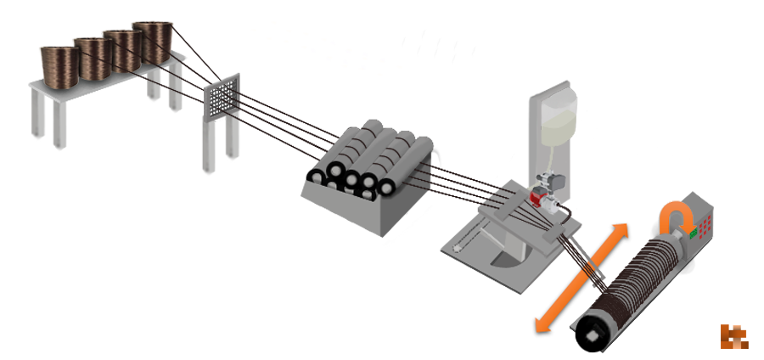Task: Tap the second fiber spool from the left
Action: (x=93, y=53)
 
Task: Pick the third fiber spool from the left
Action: (x=122, y=46)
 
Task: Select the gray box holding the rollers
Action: (x=357, y=217)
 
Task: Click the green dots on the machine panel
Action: (x=696, y=232)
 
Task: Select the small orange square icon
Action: (x=734, y=336)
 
